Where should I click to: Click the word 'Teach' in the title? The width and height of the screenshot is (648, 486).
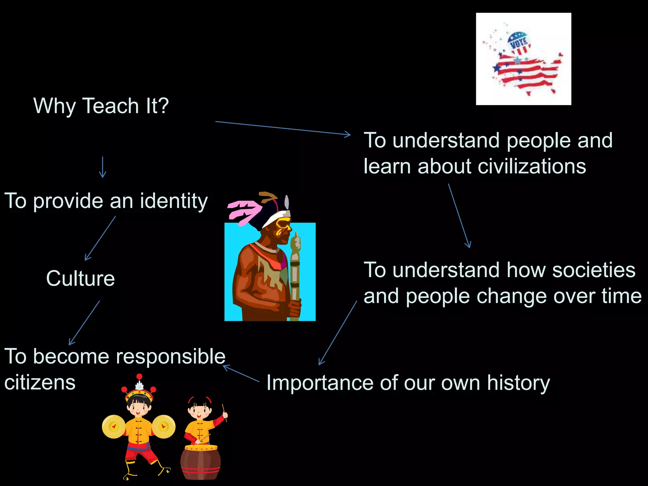(110, 106)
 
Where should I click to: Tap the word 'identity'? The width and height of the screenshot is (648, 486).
(174, 201)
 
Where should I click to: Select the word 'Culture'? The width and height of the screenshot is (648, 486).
(80, 278)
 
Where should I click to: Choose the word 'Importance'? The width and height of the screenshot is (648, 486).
(320, 383)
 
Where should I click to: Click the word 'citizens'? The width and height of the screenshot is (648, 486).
(40, 382)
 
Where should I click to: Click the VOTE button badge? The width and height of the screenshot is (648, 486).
(519, 43)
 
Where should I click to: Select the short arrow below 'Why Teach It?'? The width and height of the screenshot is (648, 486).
(103, 167)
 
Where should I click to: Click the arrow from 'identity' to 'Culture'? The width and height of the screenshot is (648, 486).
(100, 238)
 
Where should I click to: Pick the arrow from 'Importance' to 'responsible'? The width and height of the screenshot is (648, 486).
(241, 374)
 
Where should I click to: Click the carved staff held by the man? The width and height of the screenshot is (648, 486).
(295, 275)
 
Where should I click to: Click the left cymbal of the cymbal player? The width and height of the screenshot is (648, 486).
(114, 427)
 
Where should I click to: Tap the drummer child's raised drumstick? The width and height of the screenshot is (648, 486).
(224, 412)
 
